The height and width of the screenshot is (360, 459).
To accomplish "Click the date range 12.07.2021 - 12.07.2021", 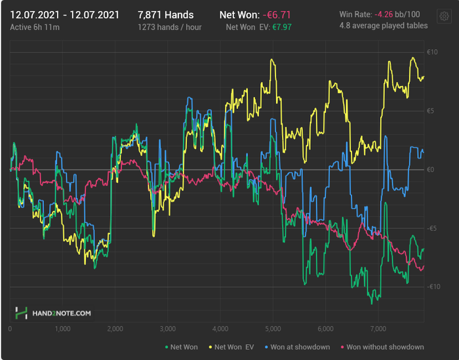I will point(64,14).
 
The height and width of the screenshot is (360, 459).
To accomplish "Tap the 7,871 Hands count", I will point(166,14).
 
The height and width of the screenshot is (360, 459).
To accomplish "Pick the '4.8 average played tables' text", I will point(384,26).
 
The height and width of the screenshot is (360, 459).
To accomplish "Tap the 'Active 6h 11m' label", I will point(34,28).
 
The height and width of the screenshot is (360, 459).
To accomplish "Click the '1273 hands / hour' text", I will point(170,28).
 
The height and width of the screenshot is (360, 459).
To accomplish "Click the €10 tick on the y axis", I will point(431,52).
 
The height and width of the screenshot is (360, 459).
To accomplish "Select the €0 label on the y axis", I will point(431,170).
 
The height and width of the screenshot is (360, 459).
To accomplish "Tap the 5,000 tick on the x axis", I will point(273,328).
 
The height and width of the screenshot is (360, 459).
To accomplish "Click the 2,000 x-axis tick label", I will point(115,328).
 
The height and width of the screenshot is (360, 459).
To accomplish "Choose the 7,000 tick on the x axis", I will point(378,328).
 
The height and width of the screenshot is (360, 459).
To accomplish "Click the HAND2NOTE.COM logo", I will point(54,313).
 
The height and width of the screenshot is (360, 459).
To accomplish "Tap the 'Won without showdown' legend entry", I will point(382,347).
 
